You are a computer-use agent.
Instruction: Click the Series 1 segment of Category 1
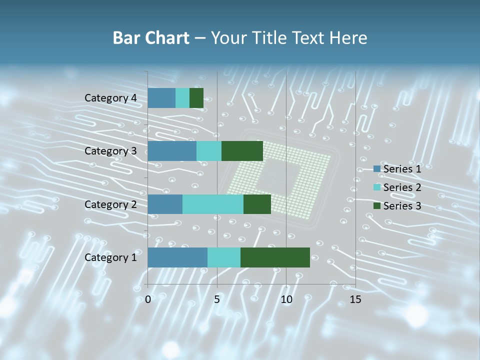(177, 257)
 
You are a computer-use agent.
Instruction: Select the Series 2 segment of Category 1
(223, 257)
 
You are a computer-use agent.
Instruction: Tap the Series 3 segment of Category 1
(275, 257)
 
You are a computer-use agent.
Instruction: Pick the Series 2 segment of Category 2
(212, 204)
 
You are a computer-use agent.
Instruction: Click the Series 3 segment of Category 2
(257, 204)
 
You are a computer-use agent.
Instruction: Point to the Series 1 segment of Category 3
(171, 151)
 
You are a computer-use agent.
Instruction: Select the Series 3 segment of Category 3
(242, 151)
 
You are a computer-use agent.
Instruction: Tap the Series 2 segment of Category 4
(182, 98)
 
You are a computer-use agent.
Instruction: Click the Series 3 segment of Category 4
(196, 98)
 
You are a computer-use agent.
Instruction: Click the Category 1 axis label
(110, 257)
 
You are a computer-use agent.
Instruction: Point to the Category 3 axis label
(110, 151)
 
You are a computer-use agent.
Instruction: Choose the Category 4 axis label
(110, 98)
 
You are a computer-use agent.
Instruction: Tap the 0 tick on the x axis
(148, 299)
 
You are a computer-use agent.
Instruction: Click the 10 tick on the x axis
(286, 299)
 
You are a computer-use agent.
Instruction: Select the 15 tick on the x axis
(355, 299)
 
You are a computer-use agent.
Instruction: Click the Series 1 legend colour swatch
(376, 169)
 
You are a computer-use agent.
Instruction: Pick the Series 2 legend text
(402, 187)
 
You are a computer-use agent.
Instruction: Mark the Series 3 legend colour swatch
(376, 206)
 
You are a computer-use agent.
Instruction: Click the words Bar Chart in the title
(151, 38)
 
